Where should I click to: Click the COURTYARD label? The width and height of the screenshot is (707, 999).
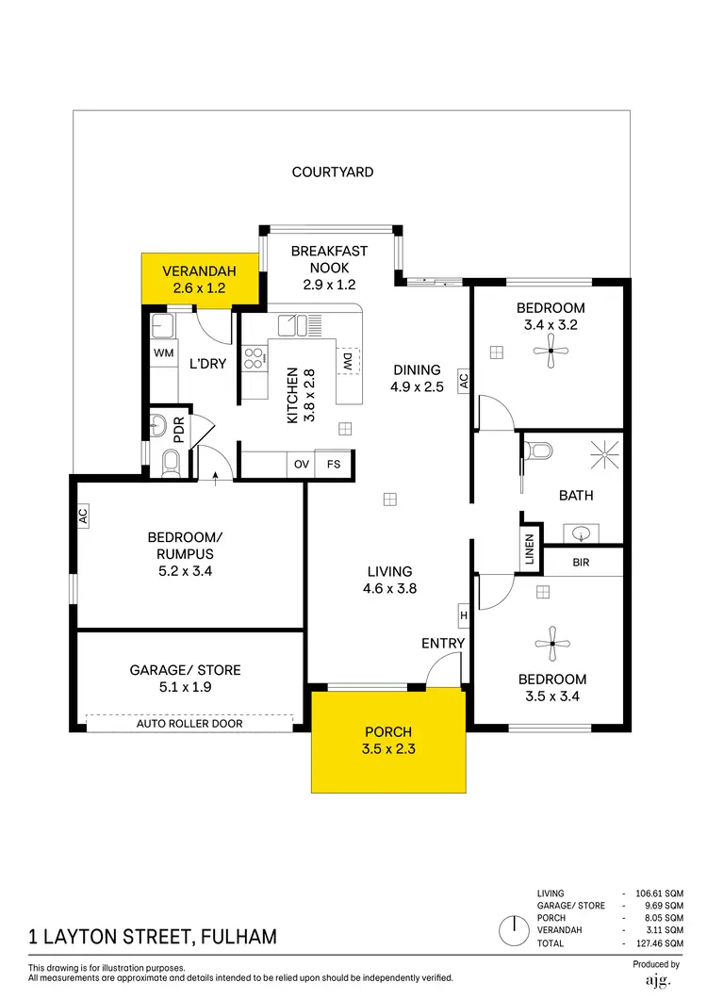[x=332, y=172]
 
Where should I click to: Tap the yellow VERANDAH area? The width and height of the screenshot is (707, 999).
[x=199, y=280]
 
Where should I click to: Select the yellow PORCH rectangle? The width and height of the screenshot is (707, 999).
[x=388, y=741]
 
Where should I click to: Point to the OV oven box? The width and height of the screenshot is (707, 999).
[x=302, y=465]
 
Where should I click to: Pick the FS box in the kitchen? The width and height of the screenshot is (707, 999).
[x=334, y=465]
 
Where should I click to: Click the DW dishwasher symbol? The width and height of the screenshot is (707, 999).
[x=347, y=361]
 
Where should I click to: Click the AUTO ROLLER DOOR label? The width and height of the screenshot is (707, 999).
[x=189, y=724]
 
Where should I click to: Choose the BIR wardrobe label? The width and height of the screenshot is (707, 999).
[x=581, y=562]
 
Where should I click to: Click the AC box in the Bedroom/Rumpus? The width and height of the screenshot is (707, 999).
[x=83, y=516]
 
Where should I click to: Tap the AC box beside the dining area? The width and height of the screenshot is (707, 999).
[x=463, y=381]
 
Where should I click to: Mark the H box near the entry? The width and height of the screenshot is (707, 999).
[x=463, y=615]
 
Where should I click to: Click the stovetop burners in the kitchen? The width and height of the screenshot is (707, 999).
[x=254, y=358]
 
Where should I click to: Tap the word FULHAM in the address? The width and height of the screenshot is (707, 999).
[x=238, y=937]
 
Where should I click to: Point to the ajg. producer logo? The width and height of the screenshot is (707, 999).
[x=656, y=980]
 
